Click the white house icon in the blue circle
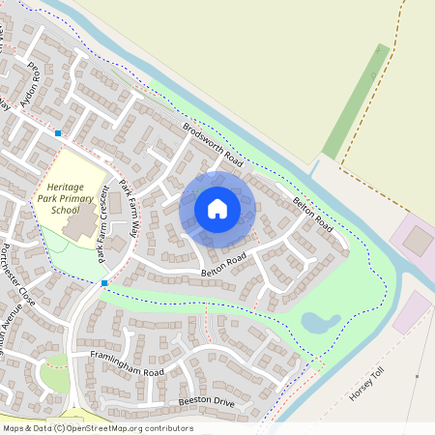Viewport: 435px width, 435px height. [217, 208]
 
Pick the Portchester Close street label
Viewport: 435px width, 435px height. [18, 275]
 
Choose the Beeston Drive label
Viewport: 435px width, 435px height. [207, 401]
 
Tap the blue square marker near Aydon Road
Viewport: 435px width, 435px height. [59, 132]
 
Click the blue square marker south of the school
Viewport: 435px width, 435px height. [104, 282]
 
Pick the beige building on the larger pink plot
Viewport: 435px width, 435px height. [418, 241]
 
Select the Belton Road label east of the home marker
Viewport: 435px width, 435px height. [312, 215]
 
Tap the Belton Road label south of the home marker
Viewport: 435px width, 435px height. [224, 266]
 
